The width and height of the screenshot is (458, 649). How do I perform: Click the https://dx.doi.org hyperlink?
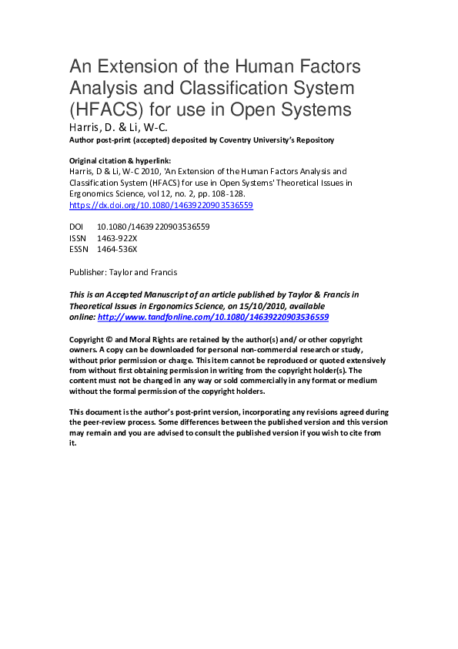coord(161,206)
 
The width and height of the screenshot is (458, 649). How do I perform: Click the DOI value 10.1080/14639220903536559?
coord(153,227)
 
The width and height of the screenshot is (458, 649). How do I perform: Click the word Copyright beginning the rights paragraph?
coord(87,339)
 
